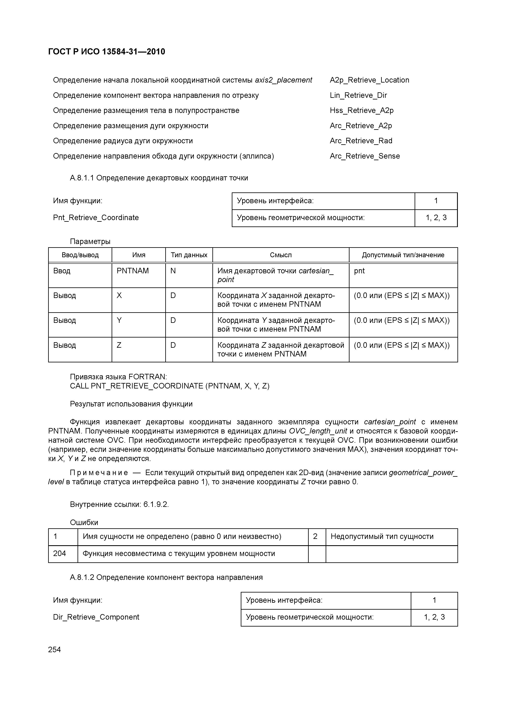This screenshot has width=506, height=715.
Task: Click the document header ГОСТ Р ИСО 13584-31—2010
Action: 107,52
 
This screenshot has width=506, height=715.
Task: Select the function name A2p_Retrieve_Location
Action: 369,80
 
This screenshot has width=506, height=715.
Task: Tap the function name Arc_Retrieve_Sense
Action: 364,156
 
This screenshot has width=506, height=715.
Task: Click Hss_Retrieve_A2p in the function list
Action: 361,110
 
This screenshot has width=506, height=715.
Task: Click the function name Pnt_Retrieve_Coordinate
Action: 96,218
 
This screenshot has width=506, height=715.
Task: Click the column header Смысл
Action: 281,255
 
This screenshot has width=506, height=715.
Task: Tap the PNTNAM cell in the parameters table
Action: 132,271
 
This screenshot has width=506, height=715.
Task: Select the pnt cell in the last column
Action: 359,271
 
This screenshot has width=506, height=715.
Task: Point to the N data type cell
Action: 173,271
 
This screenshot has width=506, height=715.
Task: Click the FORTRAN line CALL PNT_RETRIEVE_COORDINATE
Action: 170,386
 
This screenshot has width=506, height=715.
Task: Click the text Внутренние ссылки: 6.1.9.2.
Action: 119,504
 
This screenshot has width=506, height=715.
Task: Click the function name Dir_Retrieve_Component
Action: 96,617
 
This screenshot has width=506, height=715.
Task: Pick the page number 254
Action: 54,650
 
